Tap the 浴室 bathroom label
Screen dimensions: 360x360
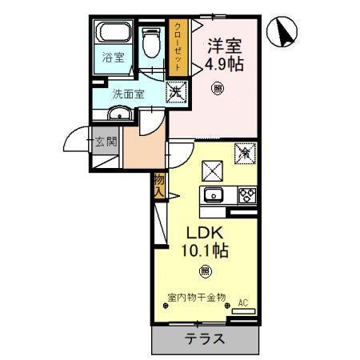pos(112,58)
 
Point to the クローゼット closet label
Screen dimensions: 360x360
pos(178,47)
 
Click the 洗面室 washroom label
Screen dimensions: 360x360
pos(128,93)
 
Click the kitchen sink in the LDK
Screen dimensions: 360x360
pos(214,195)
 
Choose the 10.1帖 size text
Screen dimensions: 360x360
pos(206,250)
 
